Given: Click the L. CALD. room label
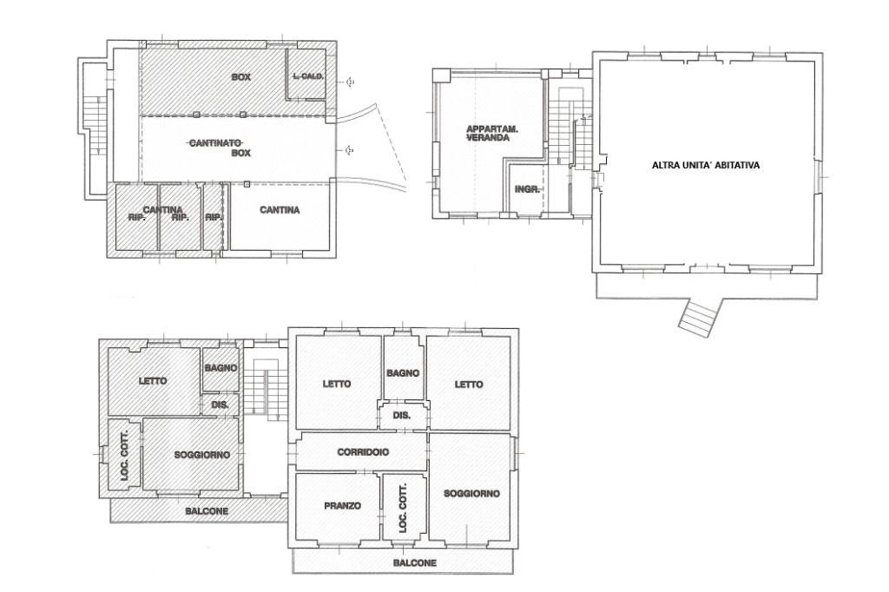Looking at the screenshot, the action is tap(308, 76).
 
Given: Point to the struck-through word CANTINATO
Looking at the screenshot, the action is tap(215, 143).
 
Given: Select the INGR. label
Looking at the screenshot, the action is tap(527, 189).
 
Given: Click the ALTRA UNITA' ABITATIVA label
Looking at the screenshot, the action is tap(705, 166).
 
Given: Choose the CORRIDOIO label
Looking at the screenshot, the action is tap(363, 452).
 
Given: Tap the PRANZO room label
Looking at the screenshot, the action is tap(342, 506).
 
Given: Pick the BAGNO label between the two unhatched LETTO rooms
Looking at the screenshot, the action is tap(403, 373).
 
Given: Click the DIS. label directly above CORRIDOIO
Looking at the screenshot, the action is tap(401, 416).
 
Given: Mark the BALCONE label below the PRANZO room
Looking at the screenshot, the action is tap(414, 563).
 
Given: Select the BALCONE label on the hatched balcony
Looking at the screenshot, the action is tap(207, 511).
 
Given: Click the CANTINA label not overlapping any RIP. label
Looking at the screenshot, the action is tap(280, 210).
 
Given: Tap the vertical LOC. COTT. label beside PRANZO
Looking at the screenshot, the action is tap(404, 508).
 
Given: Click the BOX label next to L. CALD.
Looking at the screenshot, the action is tap(240, 77).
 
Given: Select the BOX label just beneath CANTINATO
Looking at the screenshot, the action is tap(240, 153).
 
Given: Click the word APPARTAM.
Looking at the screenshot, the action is tap(492, 128).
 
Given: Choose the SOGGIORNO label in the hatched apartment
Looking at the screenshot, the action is tap(201, 455).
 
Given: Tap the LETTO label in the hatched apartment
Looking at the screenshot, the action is tap(153, 380).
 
